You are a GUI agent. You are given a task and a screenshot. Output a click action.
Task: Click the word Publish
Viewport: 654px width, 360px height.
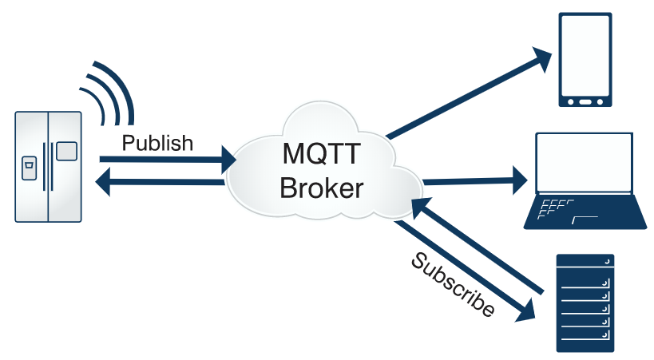157,143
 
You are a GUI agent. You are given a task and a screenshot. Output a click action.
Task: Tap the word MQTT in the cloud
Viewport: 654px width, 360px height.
321,153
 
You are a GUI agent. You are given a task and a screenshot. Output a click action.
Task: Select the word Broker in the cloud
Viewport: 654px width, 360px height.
321,188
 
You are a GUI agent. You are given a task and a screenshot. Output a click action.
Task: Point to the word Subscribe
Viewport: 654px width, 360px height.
453,284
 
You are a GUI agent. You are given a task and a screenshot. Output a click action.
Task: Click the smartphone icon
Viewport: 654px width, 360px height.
585,60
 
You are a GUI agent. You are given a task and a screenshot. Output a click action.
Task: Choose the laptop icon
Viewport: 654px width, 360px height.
585,180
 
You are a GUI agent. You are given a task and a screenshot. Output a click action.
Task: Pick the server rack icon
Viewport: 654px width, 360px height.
585,303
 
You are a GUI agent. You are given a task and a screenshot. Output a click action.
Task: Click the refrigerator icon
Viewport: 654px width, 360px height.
49,167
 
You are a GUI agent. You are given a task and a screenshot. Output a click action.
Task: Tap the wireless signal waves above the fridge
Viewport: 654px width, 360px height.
108,93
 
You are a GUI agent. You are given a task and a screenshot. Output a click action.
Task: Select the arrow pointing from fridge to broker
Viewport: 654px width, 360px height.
168,160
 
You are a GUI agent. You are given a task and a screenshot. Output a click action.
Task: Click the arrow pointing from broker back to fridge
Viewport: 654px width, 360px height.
161,182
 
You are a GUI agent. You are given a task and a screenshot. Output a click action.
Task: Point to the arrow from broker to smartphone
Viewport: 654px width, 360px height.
470,93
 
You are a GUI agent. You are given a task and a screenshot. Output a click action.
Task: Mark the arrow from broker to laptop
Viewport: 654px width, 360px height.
475,181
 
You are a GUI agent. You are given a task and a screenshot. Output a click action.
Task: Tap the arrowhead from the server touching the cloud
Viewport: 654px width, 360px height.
422,208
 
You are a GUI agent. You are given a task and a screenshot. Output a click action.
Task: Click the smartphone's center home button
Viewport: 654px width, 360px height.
585,102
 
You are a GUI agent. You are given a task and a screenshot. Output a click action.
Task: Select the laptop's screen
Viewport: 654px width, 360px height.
584,162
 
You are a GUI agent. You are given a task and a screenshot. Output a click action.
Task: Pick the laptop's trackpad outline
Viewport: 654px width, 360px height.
585,220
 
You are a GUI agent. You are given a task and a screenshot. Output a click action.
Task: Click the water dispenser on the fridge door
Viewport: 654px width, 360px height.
29,168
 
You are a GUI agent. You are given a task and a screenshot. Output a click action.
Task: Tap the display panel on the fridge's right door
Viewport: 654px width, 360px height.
67,151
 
